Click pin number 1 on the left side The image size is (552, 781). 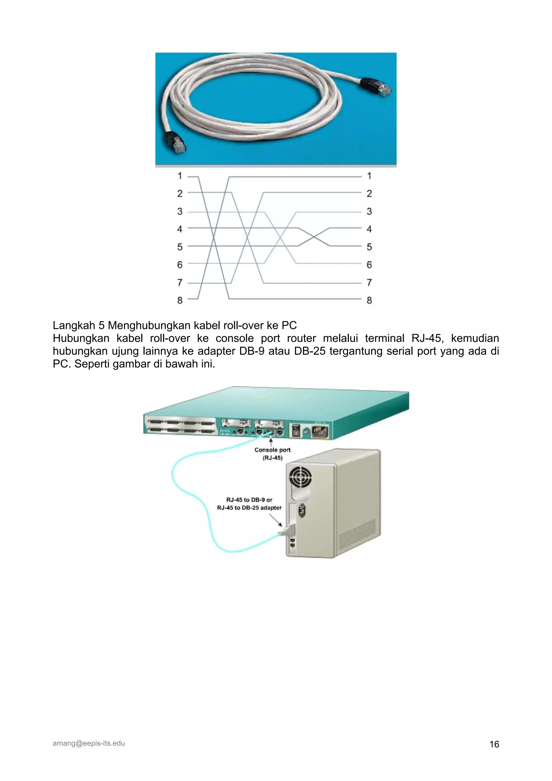(x=180, y=176)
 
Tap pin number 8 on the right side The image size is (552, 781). (x=369, y=300)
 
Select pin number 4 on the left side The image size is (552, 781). (x=180, y=229)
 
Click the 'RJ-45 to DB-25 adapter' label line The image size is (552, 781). (x=249, y=508)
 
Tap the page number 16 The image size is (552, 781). (x=494, y=744)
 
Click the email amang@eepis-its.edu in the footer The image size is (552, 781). (x=89, y=743)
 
